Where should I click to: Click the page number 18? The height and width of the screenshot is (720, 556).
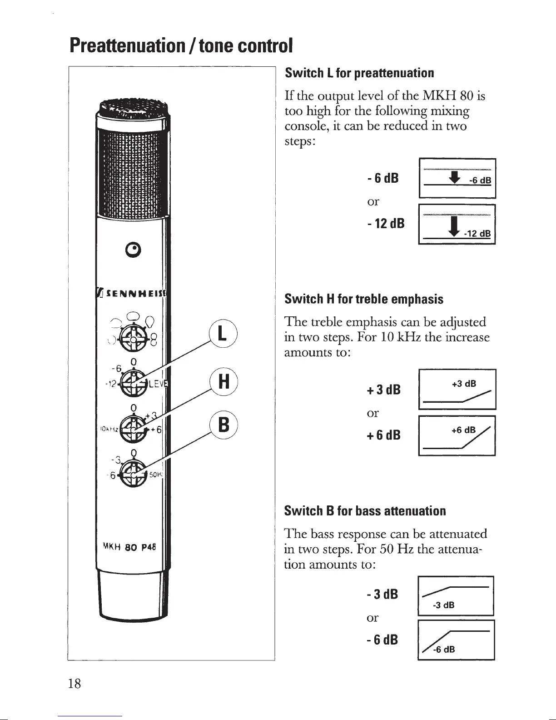74,683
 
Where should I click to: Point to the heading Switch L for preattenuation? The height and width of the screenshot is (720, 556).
359,73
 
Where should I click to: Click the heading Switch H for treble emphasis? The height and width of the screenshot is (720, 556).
363,299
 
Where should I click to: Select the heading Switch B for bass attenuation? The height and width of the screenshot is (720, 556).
365,511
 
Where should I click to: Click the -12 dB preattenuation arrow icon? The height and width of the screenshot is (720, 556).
457,225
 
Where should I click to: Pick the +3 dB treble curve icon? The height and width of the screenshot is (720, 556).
457,390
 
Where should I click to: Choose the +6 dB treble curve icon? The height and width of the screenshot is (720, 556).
457,435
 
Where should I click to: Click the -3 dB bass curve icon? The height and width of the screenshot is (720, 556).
456,595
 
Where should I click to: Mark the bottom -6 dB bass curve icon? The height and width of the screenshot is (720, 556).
456,640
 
